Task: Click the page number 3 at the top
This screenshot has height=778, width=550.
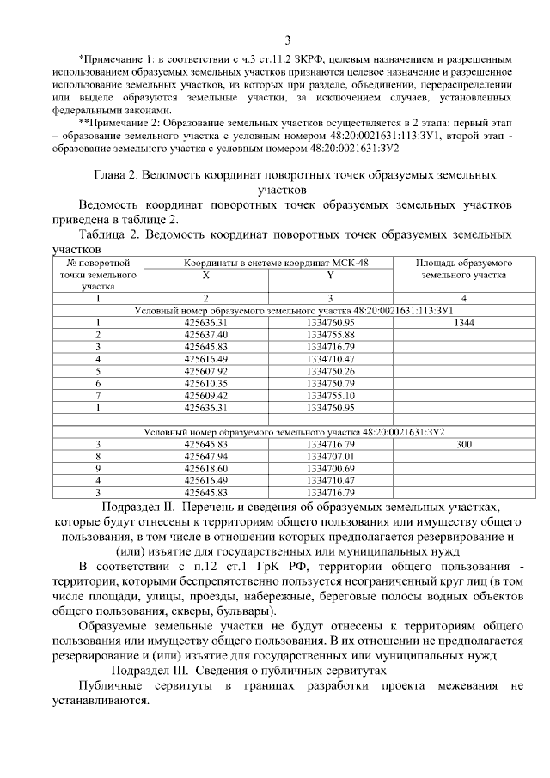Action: point(288,40)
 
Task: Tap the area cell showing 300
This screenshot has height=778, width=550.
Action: point(464,445)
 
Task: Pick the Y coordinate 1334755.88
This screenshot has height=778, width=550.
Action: point(330,334)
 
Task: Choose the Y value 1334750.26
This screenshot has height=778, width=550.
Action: point(330,371)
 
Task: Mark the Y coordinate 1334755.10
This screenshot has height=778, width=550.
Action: point(330,395)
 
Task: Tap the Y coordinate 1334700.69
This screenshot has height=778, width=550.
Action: point(330,469)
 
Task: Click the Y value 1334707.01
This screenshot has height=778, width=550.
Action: point(330,457)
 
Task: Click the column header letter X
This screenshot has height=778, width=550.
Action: point(205,275)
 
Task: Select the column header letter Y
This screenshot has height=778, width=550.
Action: point(330,275)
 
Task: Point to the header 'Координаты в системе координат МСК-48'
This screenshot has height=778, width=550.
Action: point(267,262)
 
